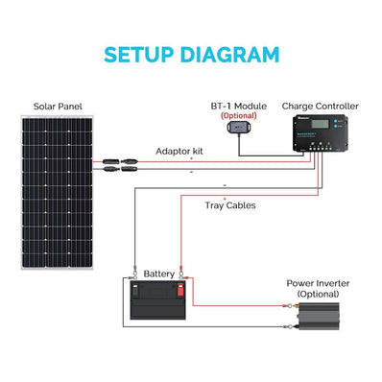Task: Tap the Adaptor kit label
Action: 179,151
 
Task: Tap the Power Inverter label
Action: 318,283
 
